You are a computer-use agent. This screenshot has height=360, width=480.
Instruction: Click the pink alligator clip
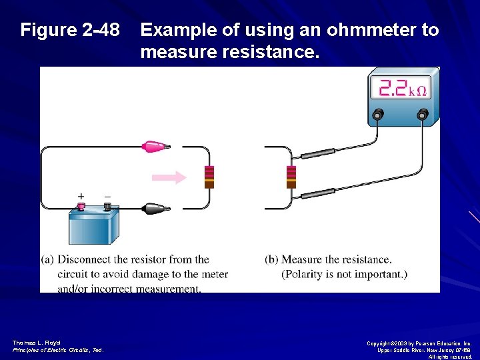(155, 146)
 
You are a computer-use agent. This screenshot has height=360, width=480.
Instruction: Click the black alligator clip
(155, 208)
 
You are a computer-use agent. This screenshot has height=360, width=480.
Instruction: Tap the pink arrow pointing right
(169, 177)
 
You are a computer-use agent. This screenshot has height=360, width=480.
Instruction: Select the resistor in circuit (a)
(209, 177)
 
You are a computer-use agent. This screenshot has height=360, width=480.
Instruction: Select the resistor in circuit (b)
(291, 177)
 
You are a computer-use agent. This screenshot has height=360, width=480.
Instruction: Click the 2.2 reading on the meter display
(393, 89)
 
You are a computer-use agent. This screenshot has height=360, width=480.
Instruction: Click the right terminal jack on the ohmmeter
(422, 115)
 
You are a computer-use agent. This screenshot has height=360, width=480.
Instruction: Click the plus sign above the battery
(81, 197)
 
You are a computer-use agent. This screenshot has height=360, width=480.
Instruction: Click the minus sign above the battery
(107, 197)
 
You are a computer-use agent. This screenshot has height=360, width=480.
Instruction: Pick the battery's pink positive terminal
(81, 207)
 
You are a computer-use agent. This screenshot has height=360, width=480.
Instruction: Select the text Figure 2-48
(70, 30)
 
